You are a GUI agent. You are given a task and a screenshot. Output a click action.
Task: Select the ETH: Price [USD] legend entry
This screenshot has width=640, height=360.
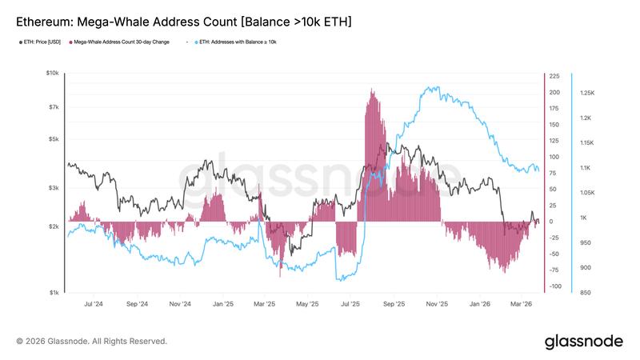[41, 41]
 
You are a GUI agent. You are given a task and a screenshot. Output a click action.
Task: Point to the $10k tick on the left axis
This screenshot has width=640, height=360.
[52, 73]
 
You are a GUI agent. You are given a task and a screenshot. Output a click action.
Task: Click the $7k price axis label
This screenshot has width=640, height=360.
[54, 106]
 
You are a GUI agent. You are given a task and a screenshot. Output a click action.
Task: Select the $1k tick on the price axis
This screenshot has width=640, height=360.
[54, 293]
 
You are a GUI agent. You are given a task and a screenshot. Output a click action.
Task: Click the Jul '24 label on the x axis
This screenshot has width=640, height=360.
[93, 304]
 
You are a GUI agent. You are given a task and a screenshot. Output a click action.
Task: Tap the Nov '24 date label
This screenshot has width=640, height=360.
[180, 304]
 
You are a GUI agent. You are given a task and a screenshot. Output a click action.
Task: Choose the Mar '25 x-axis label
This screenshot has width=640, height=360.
[265, 304]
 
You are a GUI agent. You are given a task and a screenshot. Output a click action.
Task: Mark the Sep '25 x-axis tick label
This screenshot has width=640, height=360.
[394, 304]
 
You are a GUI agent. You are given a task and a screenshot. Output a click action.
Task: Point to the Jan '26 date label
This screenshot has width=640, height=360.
[480, 304]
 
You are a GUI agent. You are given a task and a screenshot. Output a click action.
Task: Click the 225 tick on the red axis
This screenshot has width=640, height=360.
[554, 77]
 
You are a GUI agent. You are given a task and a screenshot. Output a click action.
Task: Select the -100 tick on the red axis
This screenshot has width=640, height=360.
[554, 286]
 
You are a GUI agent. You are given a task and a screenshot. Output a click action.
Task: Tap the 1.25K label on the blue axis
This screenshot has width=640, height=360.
[587, 94]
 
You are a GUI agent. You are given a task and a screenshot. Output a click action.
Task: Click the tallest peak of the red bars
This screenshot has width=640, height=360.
[372, 90]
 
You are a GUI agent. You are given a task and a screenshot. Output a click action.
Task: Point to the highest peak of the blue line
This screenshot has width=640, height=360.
[433, 87]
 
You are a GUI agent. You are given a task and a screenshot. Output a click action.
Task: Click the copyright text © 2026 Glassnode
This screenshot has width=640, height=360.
[92, 342]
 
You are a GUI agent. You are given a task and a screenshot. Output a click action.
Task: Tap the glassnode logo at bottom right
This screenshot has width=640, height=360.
[583, 342]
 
